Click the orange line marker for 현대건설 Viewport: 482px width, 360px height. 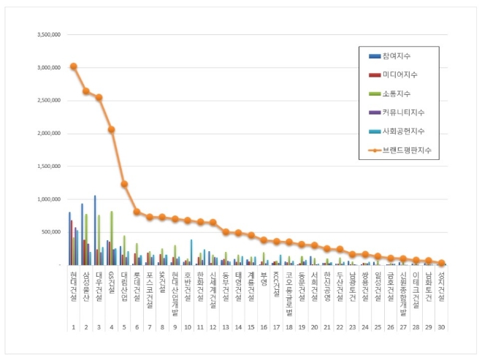[x=74, y=66]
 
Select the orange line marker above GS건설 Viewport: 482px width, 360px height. [x=111, y=129]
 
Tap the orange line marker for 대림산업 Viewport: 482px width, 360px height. [x=124, y=184]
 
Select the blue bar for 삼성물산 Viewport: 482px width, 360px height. [x=82, y=234]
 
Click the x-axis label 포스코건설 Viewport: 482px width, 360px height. [x=149, y=286]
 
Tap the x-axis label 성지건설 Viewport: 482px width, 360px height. [x=441, y=285]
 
